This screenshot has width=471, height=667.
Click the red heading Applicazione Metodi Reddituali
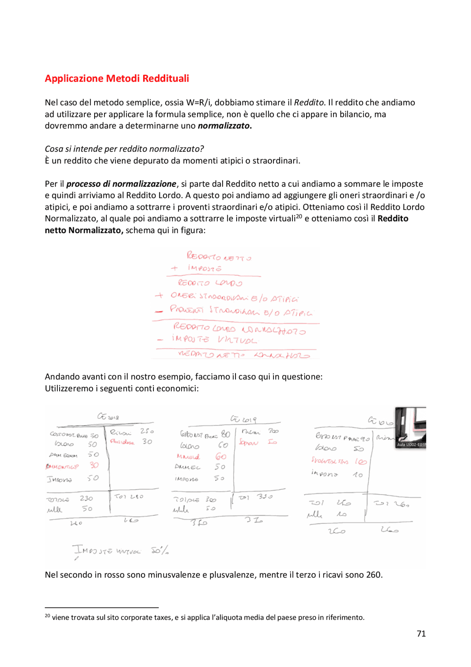(117, 78)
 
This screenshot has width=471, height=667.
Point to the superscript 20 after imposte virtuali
(299, 216)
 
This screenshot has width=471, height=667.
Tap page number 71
(421, 633)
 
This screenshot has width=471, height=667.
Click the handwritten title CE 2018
(108, 417)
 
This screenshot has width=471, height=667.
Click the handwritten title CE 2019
(243, 419)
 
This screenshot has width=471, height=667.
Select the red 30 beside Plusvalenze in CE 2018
(147, 441)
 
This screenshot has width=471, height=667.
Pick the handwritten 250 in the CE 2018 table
(147, 431)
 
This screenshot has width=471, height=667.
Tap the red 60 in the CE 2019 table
(221, 457)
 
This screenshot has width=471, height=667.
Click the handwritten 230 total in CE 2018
(86, 499)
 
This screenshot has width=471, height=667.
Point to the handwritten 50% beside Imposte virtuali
(160, 551)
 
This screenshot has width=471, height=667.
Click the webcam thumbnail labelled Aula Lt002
(410, 427)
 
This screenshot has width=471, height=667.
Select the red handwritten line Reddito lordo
(210, 283)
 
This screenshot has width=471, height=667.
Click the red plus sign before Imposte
(174, 268)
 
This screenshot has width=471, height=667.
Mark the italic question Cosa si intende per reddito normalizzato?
(124, 149)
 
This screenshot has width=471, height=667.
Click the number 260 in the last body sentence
(374, 575)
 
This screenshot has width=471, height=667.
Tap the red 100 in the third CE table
(361, 461)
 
